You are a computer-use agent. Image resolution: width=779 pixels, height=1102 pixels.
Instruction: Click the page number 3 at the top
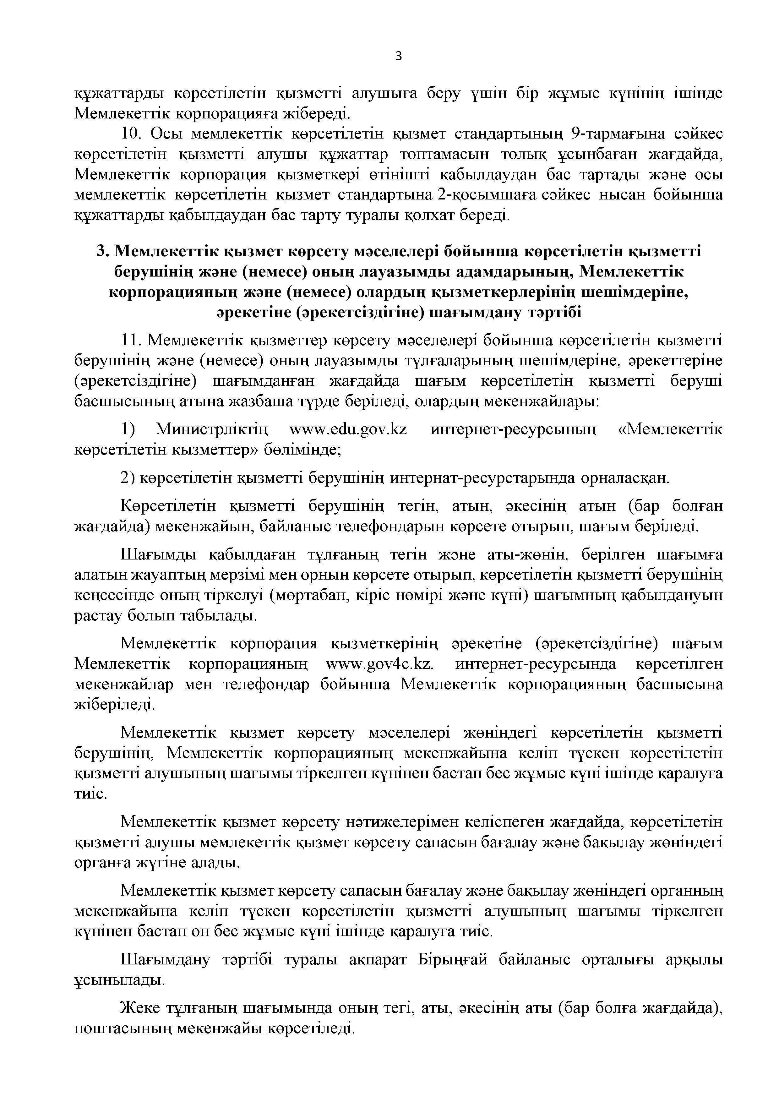(x=398, y=57)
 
